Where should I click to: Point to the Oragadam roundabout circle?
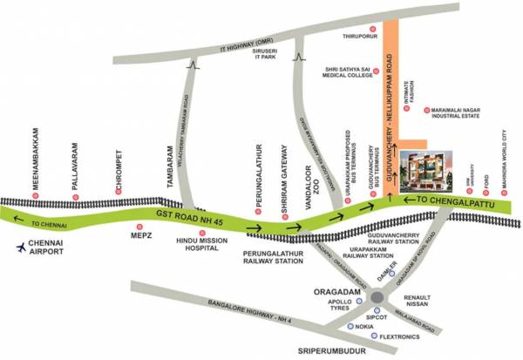pyautogui.click(x=377, y=298)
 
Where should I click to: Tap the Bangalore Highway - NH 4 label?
pyautogui.click(x=190, y=311)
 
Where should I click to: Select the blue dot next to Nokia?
pyautogui.click(x=351, y=326)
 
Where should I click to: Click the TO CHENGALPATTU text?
pyautogui.click(x=445, y=200)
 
